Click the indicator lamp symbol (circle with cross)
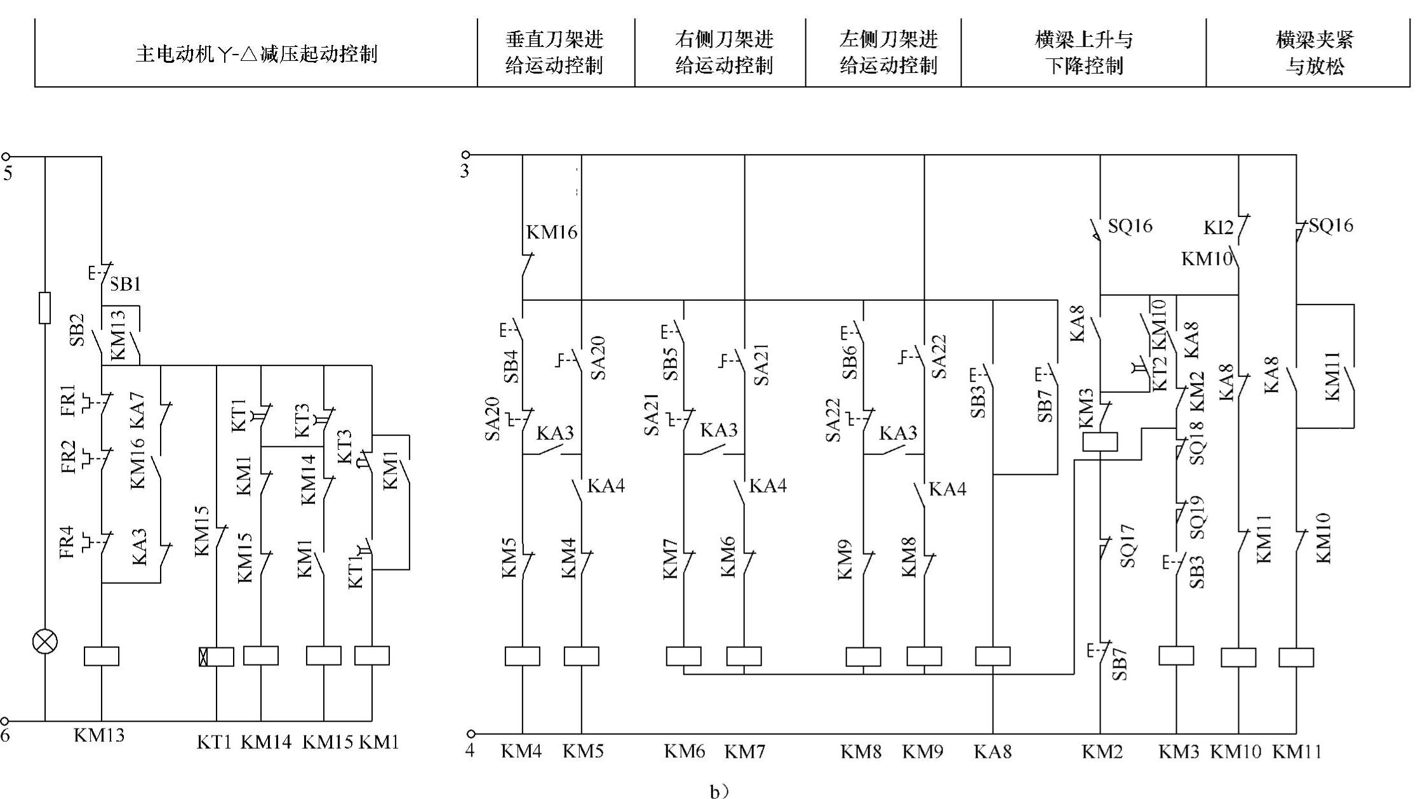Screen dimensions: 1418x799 tap(44, 641)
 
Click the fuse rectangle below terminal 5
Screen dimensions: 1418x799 tap(44, 308)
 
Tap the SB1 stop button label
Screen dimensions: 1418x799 tap(125, 284)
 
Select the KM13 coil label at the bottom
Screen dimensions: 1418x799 tap(99, 736)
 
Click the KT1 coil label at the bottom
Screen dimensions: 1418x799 tap(214, 741)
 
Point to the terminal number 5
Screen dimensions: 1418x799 tap(8, 173)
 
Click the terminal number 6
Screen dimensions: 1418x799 tap(6, 736)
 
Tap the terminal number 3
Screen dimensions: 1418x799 tap(465, 171)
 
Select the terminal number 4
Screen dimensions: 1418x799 tap(469, 751)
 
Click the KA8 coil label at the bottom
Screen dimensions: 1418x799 tap(993, 751)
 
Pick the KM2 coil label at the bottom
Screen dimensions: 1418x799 tap(1102, 751)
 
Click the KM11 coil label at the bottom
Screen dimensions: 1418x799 tap(1297, 751)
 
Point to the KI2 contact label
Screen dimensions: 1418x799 tap(1218, 227)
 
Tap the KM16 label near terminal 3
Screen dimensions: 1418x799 tap(552, 232)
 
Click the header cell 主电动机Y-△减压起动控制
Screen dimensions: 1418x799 tap(257, 53)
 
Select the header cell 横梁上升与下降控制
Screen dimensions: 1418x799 tap(1084, 53)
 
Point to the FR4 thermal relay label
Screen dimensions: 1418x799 tap(67, 543)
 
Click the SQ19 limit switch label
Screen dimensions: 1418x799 tap(1197, 517)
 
